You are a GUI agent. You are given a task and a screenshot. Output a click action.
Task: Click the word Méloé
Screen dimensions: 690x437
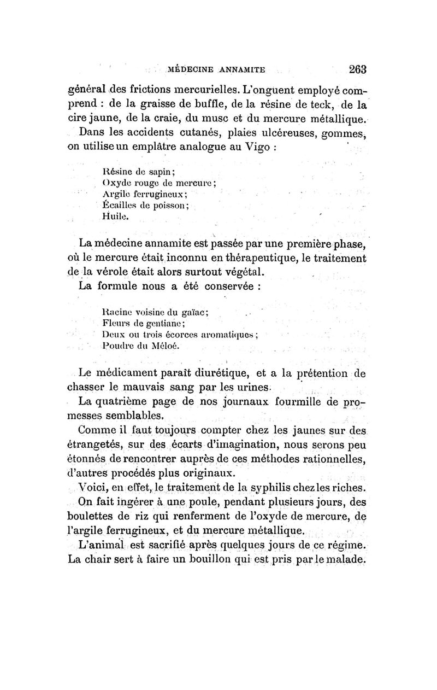[x=164, y=346]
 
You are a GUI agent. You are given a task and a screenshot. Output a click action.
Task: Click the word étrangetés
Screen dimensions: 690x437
[x=97, y=445]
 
